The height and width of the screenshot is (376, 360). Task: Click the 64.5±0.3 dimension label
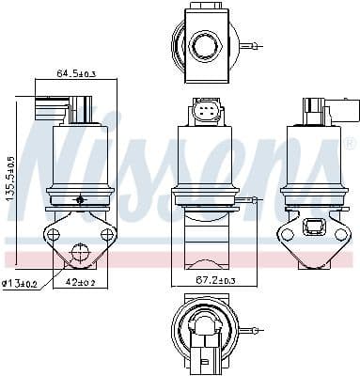(x=77, y=72)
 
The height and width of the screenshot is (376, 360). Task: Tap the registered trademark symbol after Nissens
(x=350, y=144)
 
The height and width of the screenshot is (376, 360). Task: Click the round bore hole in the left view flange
(x=79, y=251)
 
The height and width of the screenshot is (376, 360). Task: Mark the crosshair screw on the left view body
(x=81, y=199)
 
